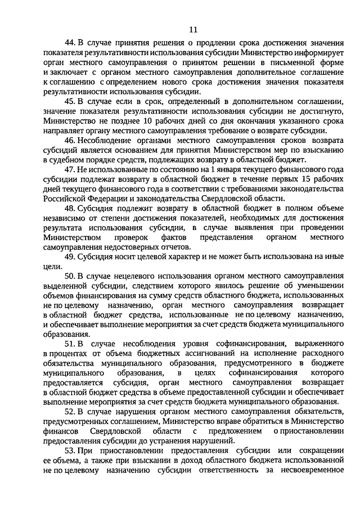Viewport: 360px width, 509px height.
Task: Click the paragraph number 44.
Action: pos(71,43)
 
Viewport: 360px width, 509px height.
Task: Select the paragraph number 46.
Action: pos(71,139)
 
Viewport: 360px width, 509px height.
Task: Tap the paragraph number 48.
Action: pos(71,208)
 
